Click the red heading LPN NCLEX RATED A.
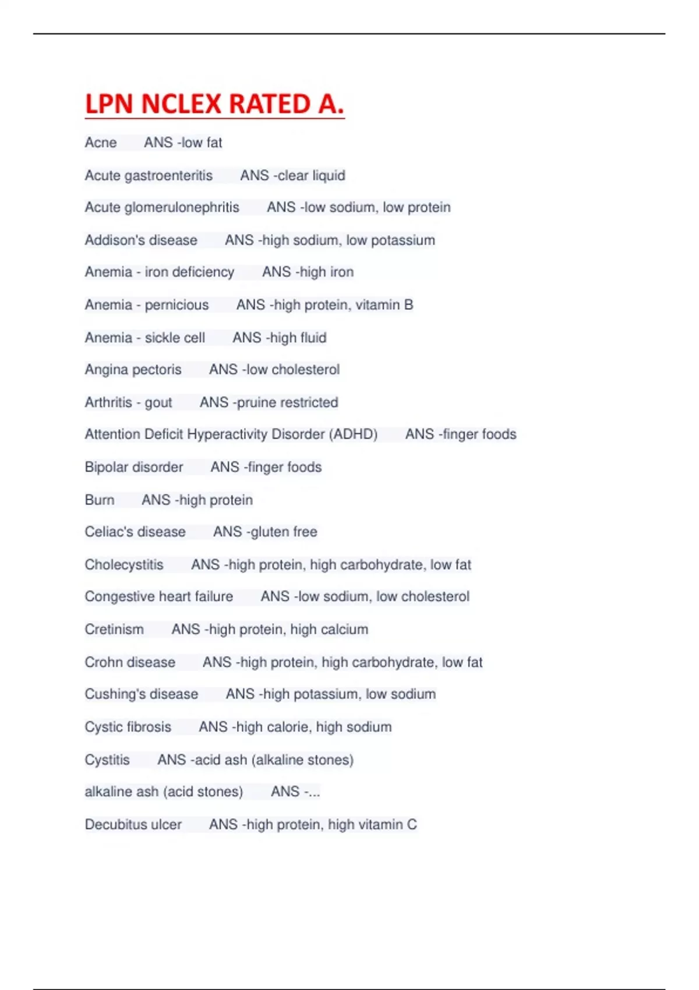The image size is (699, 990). click(x=214, y=104)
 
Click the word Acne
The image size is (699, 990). click(x=101, y=143)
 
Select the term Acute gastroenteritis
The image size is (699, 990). click(x=149, y=175)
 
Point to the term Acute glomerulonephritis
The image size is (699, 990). click(x=162, y=207)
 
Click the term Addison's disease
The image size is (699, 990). click(x=141, y=240)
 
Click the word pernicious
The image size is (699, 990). click(x=176, y=305)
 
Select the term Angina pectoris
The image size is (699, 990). click(x=133, y=370)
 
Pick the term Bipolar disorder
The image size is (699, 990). click(x=134, y=467)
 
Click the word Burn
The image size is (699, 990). click(x=100, y=500)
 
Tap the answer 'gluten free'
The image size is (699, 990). click(x=284, y=532)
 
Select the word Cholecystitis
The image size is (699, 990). click(x=124, y=564)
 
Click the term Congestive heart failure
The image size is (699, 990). click(x=158, y=596)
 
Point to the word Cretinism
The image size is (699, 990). click(x=114, y=630)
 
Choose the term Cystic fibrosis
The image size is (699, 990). click(x=128, y=727)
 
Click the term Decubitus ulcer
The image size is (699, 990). click(x=133, y=825)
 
